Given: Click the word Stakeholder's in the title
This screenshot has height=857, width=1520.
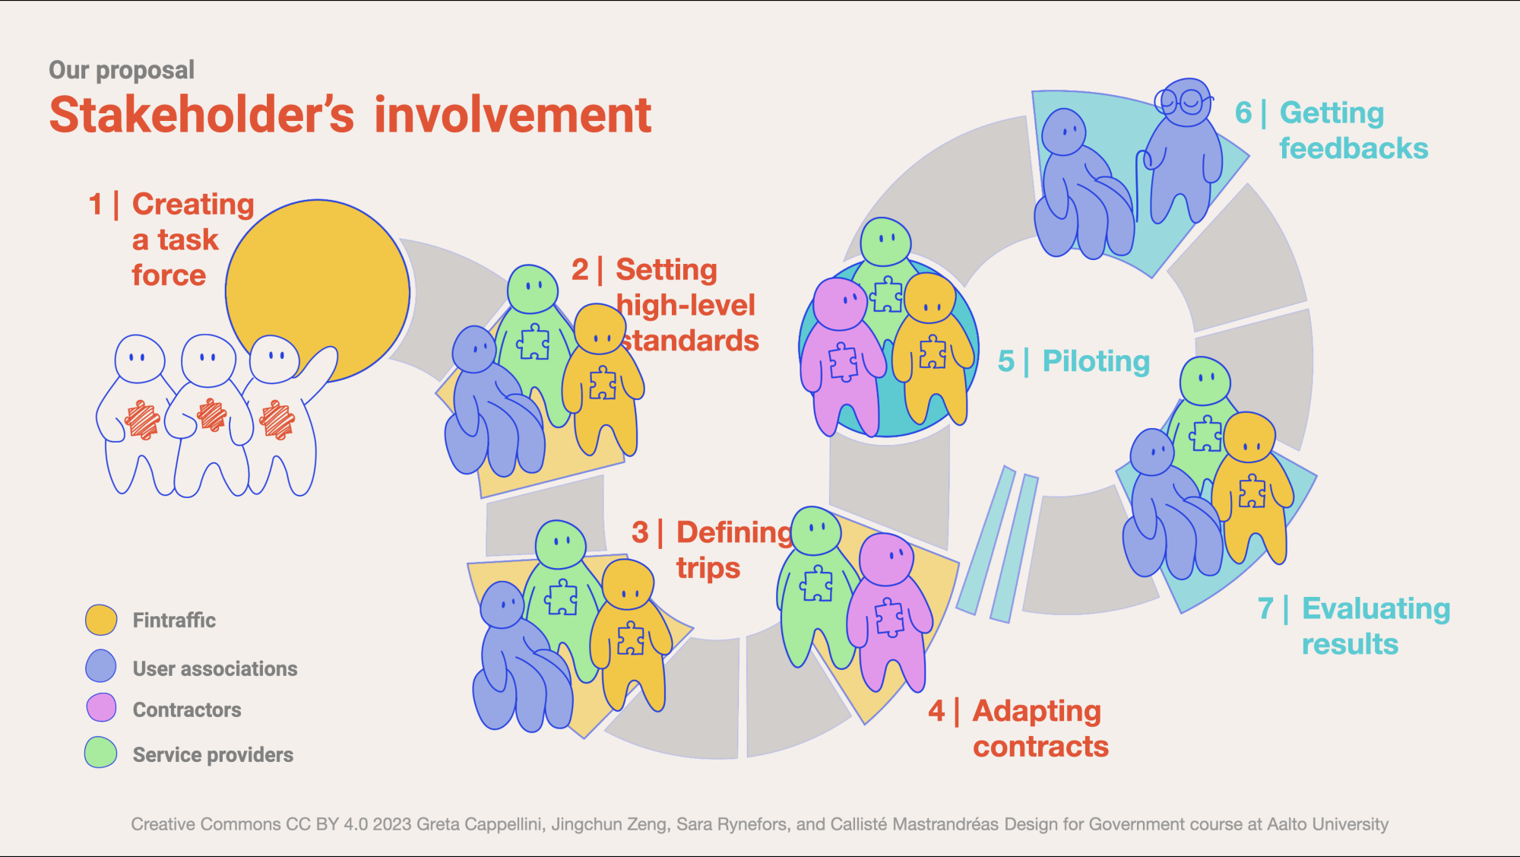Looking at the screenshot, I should click(x=201, y=116).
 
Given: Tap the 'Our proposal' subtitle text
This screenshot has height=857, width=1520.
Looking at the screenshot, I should click(x=122, y=70).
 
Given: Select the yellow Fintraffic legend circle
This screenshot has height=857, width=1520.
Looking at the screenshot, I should click(x=101, y=620).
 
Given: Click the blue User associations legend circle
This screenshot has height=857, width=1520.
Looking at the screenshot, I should click(x=101, y=666).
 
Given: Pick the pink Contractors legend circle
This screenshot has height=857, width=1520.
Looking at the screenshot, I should click(x=101, y=708).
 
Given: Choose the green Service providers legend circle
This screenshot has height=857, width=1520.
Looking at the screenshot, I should click(x=101, y=753).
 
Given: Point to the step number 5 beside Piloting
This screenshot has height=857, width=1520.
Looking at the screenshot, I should click(x=1005, y=361).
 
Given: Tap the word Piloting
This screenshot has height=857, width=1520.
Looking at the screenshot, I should click(x=1096, y=361).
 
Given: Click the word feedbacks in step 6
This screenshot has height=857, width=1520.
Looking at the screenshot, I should click(x=1354, y=148).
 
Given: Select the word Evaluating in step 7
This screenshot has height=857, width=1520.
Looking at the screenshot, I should click(x=1376, y=608).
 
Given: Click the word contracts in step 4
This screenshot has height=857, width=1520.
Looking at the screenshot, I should click(x=1040, y=747).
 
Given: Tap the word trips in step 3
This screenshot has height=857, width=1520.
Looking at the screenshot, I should click(x=708, y=569).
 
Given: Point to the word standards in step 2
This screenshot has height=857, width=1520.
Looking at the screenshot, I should click(x=690, y=341).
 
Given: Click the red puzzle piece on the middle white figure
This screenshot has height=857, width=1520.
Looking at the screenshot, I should click(x=211, y=415).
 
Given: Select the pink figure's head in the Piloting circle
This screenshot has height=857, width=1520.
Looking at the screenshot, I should click(x=840, y=303).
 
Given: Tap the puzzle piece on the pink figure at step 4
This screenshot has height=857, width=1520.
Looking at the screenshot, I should click(x=889, y=617).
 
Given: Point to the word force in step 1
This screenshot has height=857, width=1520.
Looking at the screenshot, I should click(x=169, y=275).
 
